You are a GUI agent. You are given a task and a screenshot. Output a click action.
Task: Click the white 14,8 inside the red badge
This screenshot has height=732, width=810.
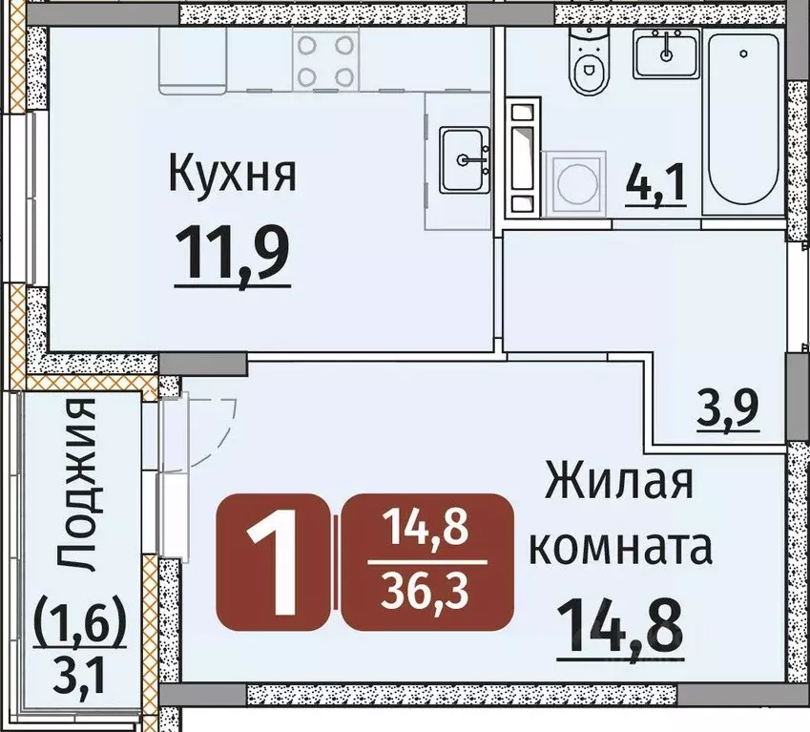pos(427,528)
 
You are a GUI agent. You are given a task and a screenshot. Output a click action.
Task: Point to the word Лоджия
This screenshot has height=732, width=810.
pos(75,486)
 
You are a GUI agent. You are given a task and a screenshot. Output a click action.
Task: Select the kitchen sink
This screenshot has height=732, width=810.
pos(465,159)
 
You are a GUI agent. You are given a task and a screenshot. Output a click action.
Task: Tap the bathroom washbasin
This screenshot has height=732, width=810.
pos(666,52)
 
